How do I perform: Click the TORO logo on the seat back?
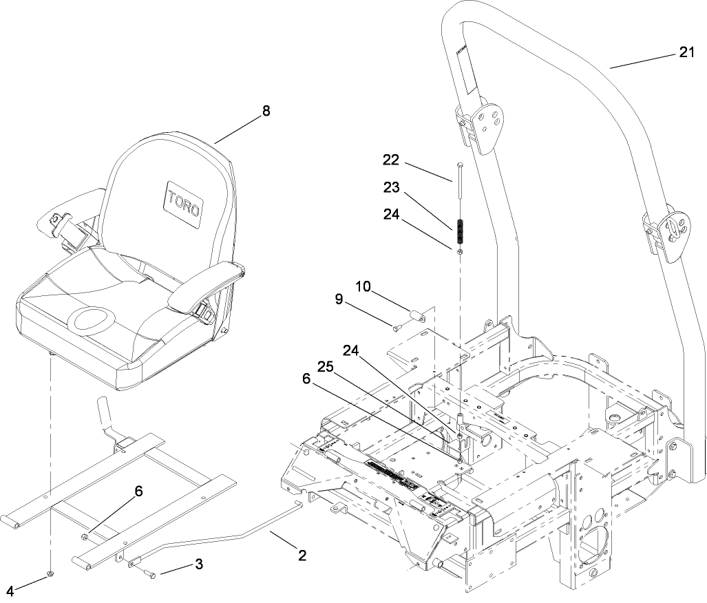182,200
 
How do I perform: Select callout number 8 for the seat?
266,111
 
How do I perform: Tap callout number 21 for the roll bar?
686,53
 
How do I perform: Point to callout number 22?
391,159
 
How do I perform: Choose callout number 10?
363,286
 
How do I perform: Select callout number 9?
339,299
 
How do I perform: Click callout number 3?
199,564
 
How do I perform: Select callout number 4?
10,590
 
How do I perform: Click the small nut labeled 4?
50,573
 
